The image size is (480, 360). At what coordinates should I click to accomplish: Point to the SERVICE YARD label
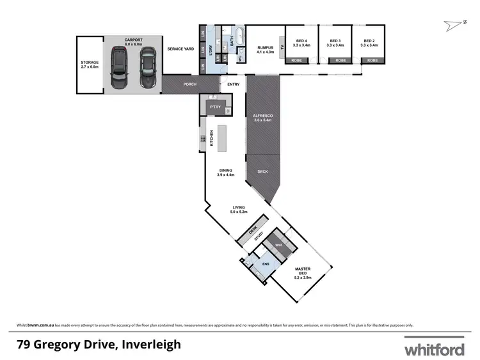click(x=180, y=49)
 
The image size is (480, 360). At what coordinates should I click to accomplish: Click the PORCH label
click(x=189, y=84)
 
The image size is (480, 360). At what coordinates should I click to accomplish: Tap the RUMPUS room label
click(x=265, y=49)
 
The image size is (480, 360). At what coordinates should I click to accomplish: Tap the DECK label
click(x=262, y=171)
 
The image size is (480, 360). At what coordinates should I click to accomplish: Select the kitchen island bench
click(x=222, y=139)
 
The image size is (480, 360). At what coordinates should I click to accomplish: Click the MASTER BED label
click(x=302, y=274)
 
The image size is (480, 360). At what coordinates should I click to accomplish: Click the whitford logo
click(x=433, y=348)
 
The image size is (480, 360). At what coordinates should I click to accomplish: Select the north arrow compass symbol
click(x=454, y=25)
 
